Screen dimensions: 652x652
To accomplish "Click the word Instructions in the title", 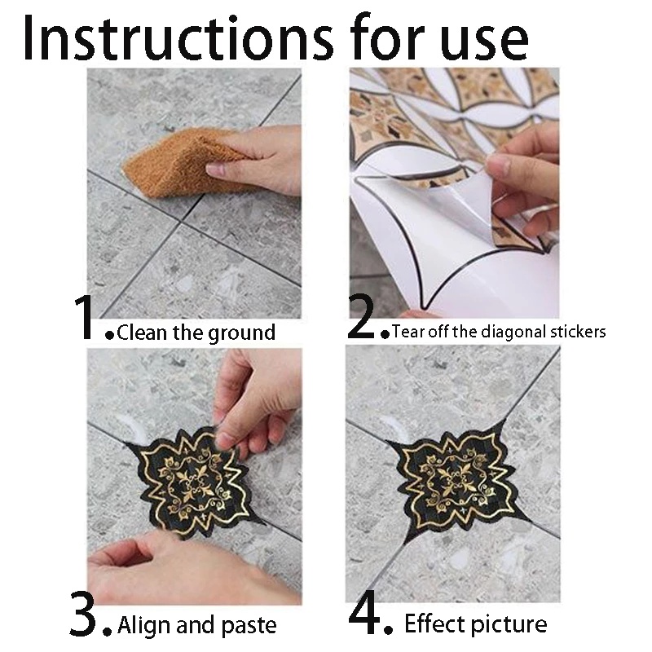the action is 178,37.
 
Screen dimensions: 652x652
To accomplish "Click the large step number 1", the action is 86,317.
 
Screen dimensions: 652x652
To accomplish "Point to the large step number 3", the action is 83,614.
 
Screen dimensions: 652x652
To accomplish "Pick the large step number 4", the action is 364,613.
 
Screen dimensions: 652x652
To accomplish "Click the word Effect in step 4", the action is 433,623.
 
